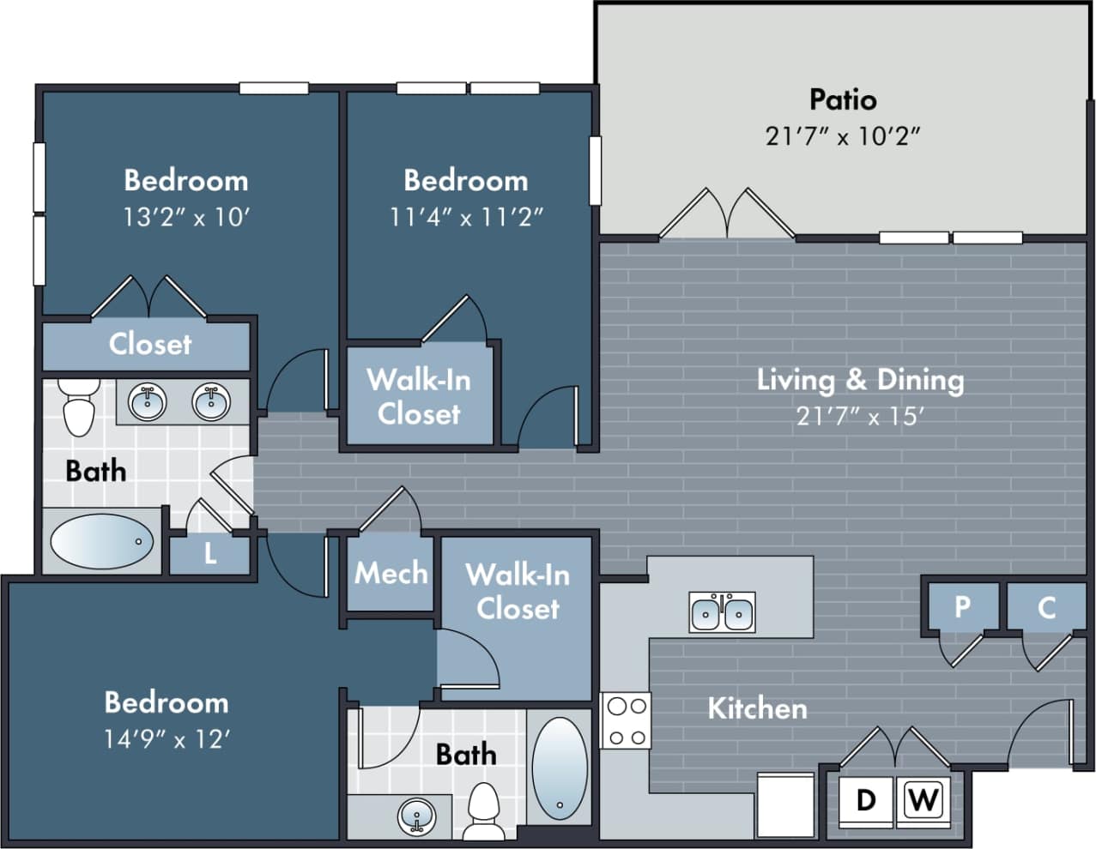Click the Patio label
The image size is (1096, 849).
pos(843,99)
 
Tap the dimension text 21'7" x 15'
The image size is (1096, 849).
pos(860,417)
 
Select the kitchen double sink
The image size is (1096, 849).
pos(723,612)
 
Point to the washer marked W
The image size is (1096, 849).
pos(923,800)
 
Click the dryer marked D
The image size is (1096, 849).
pos(866,800)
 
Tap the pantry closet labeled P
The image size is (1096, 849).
pos(962,607)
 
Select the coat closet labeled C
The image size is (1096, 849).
pos(1045,607)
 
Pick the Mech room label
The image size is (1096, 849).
pos(391,573)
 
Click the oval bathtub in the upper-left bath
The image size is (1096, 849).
pos(101,541)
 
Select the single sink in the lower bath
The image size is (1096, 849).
pos(417,816)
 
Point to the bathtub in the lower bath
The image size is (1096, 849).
pos(559,763)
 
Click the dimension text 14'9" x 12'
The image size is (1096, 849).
pos(167,738)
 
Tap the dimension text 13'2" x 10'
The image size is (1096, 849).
pos(185,217)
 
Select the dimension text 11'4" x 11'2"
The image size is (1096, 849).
pos(466,217)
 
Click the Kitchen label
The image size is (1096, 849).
pos(757,708)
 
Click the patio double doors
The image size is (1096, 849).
pos(726,214)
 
